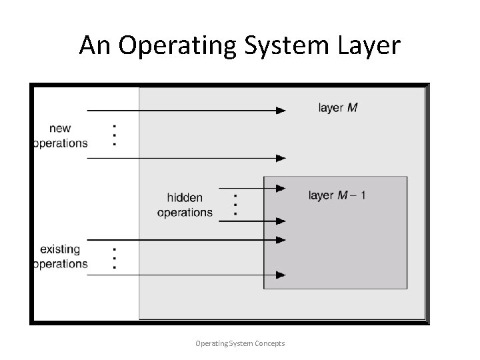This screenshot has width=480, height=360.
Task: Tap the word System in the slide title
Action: click(x=281, y=45)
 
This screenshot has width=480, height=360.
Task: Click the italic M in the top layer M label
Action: click(x=352, y=107)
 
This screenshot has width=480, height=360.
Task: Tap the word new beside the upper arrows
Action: click(x=59, y=129)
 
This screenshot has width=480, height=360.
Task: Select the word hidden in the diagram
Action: click(x=185, y=198)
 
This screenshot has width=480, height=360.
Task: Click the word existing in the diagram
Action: click(x=60, y=249)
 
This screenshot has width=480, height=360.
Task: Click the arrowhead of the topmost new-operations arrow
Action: click(x=281, y=110)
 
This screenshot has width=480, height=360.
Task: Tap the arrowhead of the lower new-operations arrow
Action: click(x=281, y=158)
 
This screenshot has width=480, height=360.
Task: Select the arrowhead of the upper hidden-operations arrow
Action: click(x=281, y=189)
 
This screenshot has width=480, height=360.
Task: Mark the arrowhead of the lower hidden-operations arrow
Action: click(x=281, y=221)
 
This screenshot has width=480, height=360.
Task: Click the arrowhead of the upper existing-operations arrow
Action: click(x=281, y=240)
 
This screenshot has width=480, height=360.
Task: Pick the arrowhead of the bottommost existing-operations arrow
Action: click(x=281, y=275)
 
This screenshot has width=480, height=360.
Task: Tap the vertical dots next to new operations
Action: click(x=115, y=135)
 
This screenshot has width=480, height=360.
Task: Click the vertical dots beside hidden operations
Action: click(x=235, y=203)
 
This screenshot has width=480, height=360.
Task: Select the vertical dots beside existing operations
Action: click(x=115, y=257)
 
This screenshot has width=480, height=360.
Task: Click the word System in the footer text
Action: click(x=238, y=343)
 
